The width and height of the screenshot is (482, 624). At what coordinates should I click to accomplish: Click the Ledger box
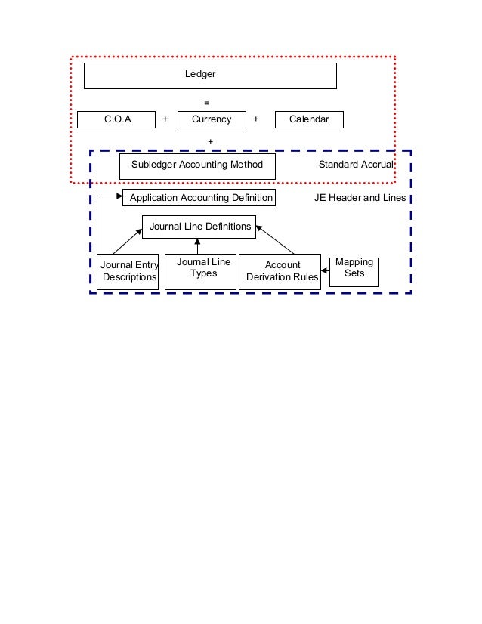[x=209, y=76]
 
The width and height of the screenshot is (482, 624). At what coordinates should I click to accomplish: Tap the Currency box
[x=212, y=119]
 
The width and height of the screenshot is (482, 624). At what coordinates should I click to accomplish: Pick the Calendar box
[x=309, y=119]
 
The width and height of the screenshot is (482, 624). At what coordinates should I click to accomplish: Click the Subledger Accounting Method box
[x=197, y=165]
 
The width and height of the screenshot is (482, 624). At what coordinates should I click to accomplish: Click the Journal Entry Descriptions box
[x=128, y=271]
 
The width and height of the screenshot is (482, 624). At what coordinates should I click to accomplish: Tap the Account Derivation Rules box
[x=282, y=271]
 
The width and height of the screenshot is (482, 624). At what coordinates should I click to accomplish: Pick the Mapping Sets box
[x=354, y=270]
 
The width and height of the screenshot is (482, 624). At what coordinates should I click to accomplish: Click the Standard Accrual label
[x=355, y=165]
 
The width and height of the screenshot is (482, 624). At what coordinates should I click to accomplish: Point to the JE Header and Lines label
[x=360, y=198]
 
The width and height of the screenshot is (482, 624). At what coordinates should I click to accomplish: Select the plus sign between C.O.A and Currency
[x=165, y=119]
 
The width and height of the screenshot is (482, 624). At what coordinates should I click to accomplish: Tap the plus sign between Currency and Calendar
[x=255, y=119]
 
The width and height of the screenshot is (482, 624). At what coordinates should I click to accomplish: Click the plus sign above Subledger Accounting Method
[x=210, y=141]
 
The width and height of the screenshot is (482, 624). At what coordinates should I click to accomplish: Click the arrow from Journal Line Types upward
[x=197, y=246]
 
